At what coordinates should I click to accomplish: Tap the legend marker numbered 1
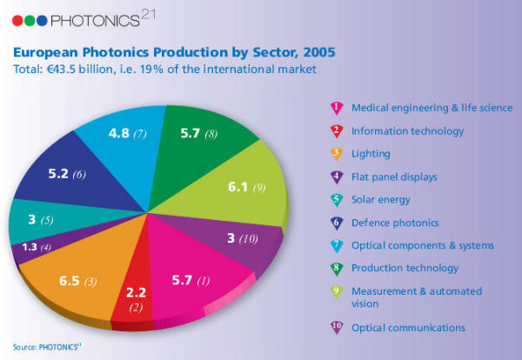click(334, 108)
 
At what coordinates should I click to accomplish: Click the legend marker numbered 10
click(334, 328)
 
